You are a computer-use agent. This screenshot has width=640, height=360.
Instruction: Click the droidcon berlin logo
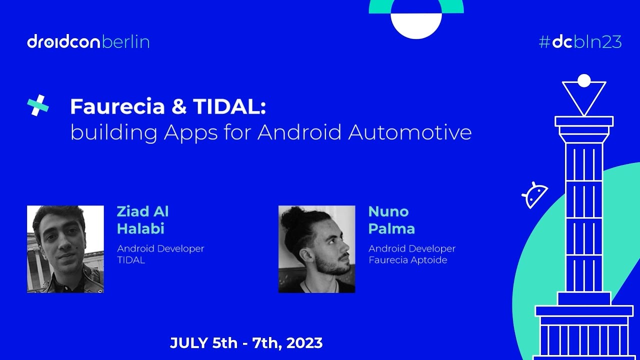tap(88, 42)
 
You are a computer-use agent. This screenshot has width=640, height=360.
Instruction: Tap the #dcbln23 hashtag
tap(580, 42)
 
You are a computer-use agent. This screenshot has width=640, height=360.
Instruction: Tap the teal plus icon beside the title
tap(37, 105)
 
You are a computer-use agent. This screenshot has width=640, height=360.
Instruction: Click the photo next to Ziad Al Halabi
tap(65, 249)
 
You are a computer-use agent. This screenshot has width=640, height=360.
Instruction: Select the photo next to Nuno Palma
tap(316, 249)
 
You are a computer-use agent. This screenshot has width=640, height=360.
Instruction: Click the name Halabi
tap(140, 229)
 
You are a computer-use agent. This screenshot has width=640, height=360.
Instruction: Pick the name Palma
tap(391, 229)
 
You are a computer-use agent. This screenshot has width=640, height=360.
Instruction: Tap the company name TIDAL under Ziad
tap(130, 260)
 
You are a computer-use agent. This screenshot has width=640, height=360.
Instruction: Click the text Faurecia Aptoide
tap(407, 260)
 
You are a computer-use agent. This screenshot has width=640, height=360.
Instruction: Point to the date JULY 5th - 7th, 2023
tap(246, 343)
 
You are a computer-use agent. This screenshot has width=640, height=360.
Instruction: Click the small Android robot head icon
tap(535, 194)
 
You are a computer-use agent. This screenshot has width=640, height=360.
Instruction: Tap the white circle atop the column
tap(584, 80)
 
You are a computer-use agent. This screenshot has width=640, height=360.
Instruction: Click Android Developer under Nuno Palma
tap(411, 248)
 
